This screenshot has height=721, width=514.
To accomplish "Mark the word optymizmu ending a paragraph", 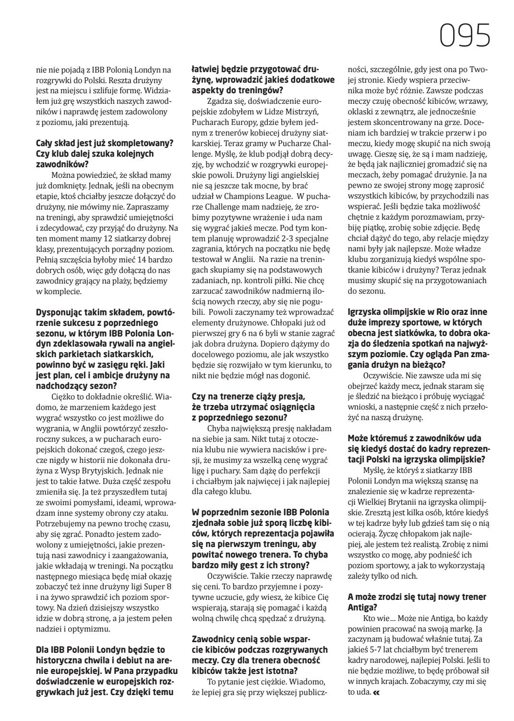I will (94, 628).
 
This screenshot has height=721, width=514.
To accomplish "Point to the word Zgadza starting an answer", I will (219, 101).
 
